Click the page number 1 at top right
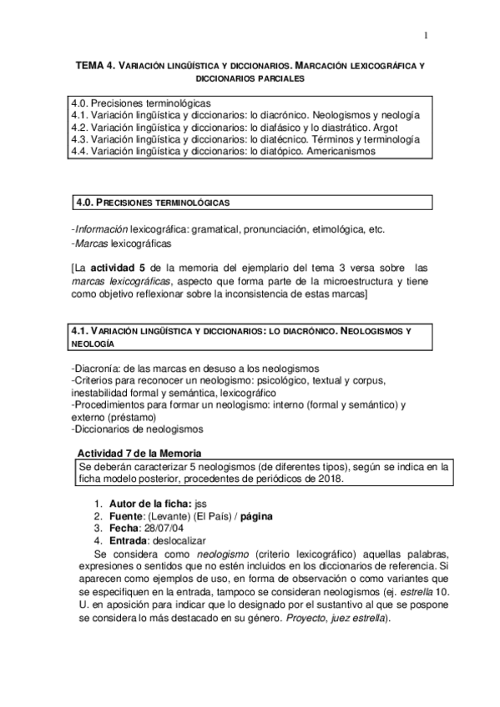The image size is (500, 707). coord(425,35)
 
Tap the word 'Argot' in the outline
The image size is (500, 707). coord(383,128)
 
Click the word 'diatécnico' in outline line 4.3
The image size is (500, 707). coord(290,140)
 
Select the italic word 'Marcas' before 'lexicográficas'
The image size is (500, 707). coord(90,243)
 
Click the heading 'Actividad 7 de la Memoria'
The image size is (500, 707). coord(139,451)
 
